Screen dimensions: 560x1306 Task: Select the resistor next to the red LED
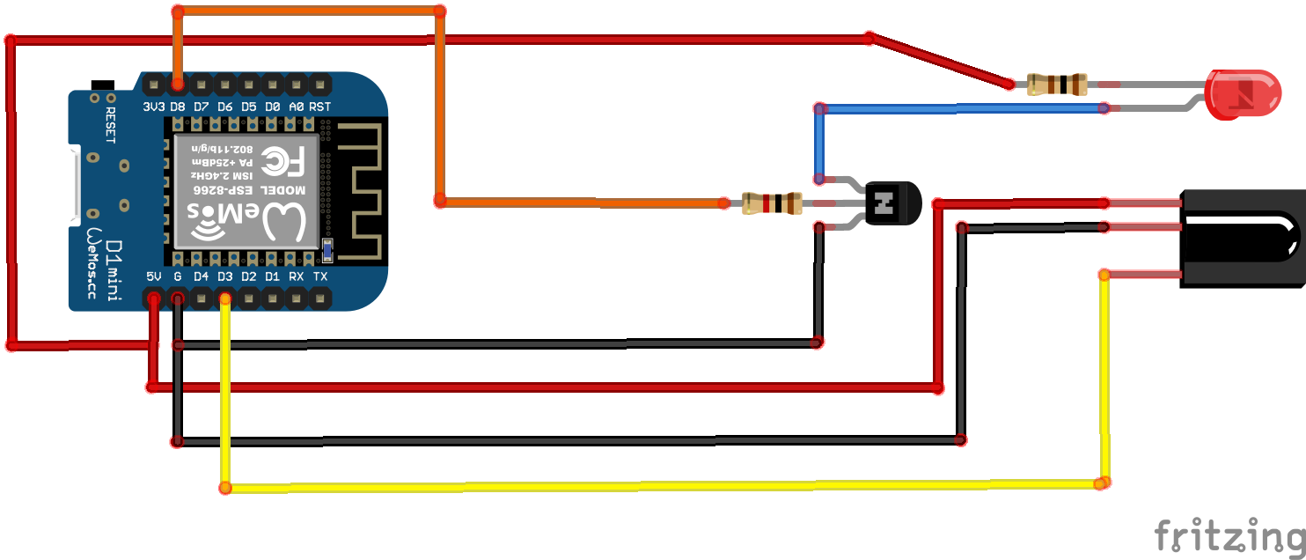[x=1056, y=85]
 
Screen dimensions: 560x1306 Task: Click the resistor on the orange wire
[x=772, y=203]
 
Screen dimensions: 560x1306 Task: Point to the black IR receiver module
[x=1241, y=237]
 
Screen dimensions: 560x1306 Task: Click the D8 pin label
[x=178, y=107]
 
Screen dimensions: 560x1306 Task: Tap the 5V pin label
[x=154, y=276]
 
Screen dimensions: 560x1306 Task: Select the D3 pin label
[x=225, y=276]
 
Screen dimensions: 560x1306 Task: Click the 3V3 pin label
[x=154, y=107]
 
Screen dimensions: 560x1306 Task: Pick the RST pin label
[x=320, y=107]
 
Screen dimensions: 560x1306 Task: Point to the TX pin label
[x=320, y=276]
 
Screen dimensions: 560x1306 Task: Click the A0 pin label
[x=297, y=107]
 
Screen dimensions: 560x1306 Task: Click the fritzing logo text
[x=1229, y=534]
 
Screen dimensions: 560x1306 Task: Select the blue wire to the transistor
[x=959, y=108]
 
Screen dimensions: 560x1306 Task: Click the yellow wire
[x=660, y=486]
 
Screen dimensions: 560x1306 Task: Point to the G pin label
[x=178, y=276]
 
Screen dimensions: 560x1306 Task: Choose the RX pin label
[x=297, y=276]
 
